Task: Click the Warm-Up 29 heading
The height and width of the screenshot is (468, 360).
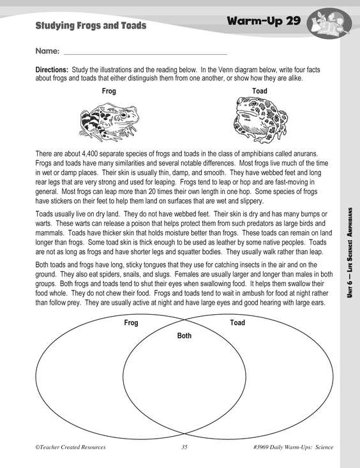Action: click(x=264, y=21)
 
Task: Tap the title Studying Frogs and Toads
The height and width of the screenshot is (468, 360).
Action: click(x=91, y=26)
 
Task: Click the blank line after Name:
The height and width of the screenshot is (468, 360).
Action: click(x=146, y=55)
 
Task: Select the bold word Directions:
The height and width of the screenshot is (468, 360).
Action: click(x=52, y=70)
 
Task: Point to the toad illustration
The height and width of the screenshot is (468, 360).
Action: click(x=260, y=119)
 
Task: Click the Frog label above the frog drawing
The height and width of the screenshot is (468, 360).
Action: click(x=109, y=91)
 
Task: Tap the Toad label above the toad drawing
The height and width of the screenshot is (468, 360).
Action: click(x=260, y=91)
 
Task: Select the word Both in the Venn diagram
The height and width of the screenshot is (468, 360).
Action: click(x=184, y=335)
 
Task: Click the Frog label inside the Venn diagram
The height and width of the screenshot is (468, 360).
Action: click(x=131, y=322)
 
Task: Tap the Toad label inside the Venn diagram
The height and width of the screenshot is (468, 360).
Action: click(x=237, y=322)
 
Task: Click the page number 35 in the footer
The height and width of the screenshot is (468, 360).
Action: click(x=184, y=447)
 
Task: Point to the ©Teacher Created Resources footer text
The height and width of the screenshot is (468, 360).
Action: click(x=70, y=447)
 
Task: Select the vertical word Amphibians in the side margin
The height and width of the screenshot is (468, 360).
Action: click(x=350, y=222)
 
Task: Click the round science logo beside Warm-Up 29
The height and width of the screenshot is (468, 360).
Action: click(x=329, y=23)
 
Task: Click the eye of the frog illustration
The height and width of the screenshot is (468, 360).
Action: click(x=123, y=114)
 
